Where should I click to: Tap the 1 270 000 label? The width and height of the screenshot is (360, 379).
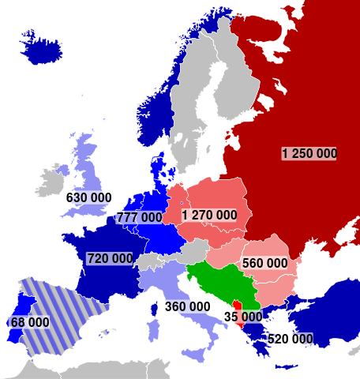tap(208, 215)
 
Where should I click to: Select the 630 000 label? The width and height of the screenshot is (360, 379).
tap(88, 197)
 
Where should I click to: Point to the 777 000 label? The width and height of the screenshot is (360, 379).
tap(140, 217)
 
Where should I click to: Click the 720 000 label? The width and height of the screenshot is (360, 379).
tap(110, 258)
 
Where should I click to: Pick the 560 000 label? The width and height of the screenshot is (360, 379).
tap(264, 263)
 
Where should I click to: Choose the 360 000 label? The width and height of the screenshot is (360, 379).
tap(187, 306)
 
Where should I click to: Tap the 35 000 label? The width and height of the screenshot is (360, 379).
tap(242, 317)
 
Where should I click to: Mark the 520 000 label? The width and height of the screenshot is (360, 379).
tap(290, 339)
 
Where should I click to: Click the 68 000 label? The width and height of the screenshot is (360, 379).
tap(29, 322)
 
